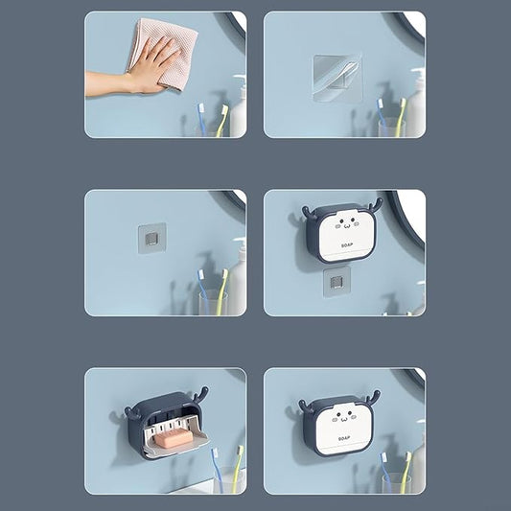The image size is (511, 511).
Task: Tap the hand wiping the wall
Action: [144, 70]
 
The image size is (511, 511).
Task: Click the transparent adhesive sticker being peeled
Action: [337, 79]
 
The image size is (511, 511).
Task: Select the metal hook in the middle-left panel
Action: [151, 238]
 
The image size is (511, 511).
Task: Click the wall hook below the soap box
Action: [337, 282]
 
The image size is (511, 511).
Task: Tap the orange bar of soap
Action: [174, 439]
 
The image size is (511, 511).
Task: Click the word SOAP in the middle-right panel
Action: [347, 245]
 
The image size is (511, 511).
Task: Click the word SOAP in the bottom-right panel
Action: [344, 439]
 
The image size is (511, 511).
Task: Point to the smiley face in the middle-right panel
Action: [347, 224]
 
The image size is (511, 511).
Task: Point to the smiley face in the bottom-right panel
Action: [344, 416]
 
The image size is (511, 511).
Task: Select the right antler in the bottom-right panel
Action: [372, 398]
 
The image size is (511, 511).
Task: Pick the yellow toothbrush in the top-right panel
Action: [401, 117]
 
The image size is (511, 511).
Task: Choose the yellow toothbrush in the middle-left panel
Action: [221, 291]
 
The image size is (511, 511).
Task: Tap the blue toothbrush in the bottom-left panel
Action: [217, 470]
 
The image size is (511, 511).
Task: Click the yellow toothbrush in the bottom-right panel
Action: [406, 472]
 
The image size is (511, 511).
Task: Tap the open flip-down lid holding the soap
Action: [176, 439]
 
